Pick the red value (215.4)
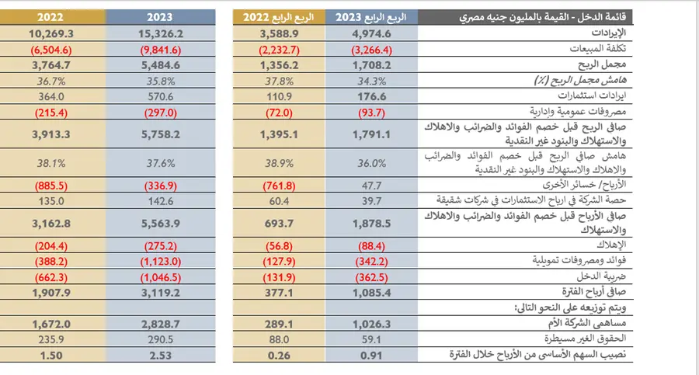(x=44, y=113)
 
